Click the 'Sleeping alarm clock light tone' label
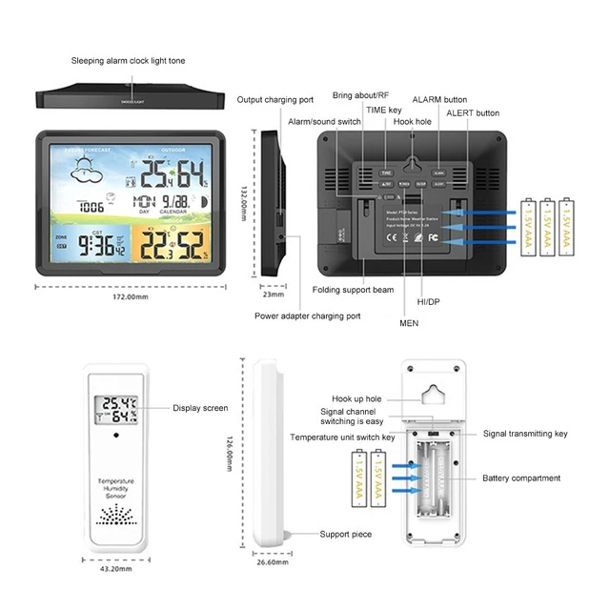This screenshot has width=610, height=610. (x=128, y=61)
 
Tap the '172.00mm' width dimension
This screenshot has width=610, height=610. (x=131, y=296)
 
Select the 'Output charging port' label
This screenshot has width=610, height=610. (x=274, y=99)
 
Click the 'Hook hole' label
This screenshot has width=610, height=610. (x=412, y=122)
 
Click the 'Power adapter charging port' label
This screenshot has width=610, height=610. (x=307, y=315)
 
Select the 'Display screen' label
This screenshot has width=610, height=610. (x=200, y=408)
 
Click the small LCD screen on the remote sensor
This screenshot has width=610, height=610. (x=118, y=410)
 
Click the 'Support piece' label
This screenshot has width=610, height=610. (x=345, y=535)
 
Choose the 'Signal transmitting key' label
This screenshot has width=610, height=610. (x=524, y=434)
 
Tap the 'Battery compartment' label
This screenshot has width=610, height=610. (x=520, y=478)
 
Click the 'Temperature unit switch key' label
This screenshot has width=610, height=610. (x=342, y=437)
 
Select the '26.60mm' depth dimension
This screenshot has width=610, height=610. (x=273, y=562)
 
